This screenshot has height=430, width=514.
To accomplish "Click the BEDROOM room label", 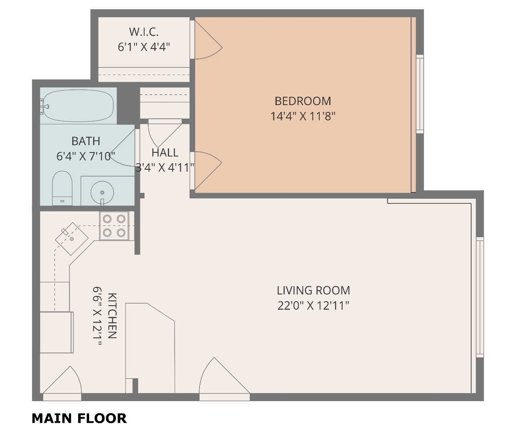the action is [302, 101].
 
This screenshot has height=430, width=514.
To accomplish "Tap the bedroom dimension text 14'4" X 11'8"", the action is [303, 116].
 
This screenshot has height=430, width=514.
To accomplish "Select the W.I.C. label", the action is [144, 32].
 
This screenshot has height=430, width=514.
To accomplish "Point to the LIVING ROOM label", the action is [313, 290].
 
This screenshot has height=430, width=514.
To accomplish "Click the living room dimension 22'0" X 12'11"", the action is [313, 306].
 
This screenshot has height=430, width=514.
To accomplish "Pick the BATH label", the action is [86, 141].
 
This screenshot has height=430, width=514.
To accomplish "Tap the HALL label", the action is [165, 152].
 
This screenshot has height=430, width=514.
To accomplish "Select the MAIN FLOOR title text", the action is [79, 418].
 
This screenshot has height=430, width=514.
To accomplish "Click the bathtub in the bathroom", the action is [77, 106].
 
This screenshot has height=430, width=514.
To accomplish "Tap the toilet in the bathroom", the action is [62, 188].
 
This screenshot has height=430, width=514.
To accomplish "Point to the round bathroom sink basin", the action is [102, 193].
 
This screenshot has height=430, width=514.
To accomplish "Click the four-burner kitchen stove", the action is [114, 226].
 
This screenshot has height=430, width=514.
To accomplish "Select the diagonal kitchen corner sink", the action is [71, 239].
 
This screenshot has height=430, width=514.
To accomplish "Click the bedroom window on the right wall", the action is [420, 94].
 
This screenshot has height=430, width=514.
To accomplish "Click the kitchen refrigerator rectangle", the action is [57, 333].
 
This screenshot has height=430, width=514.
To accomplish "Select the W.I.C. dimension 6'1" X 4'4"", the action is [144, 47].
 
